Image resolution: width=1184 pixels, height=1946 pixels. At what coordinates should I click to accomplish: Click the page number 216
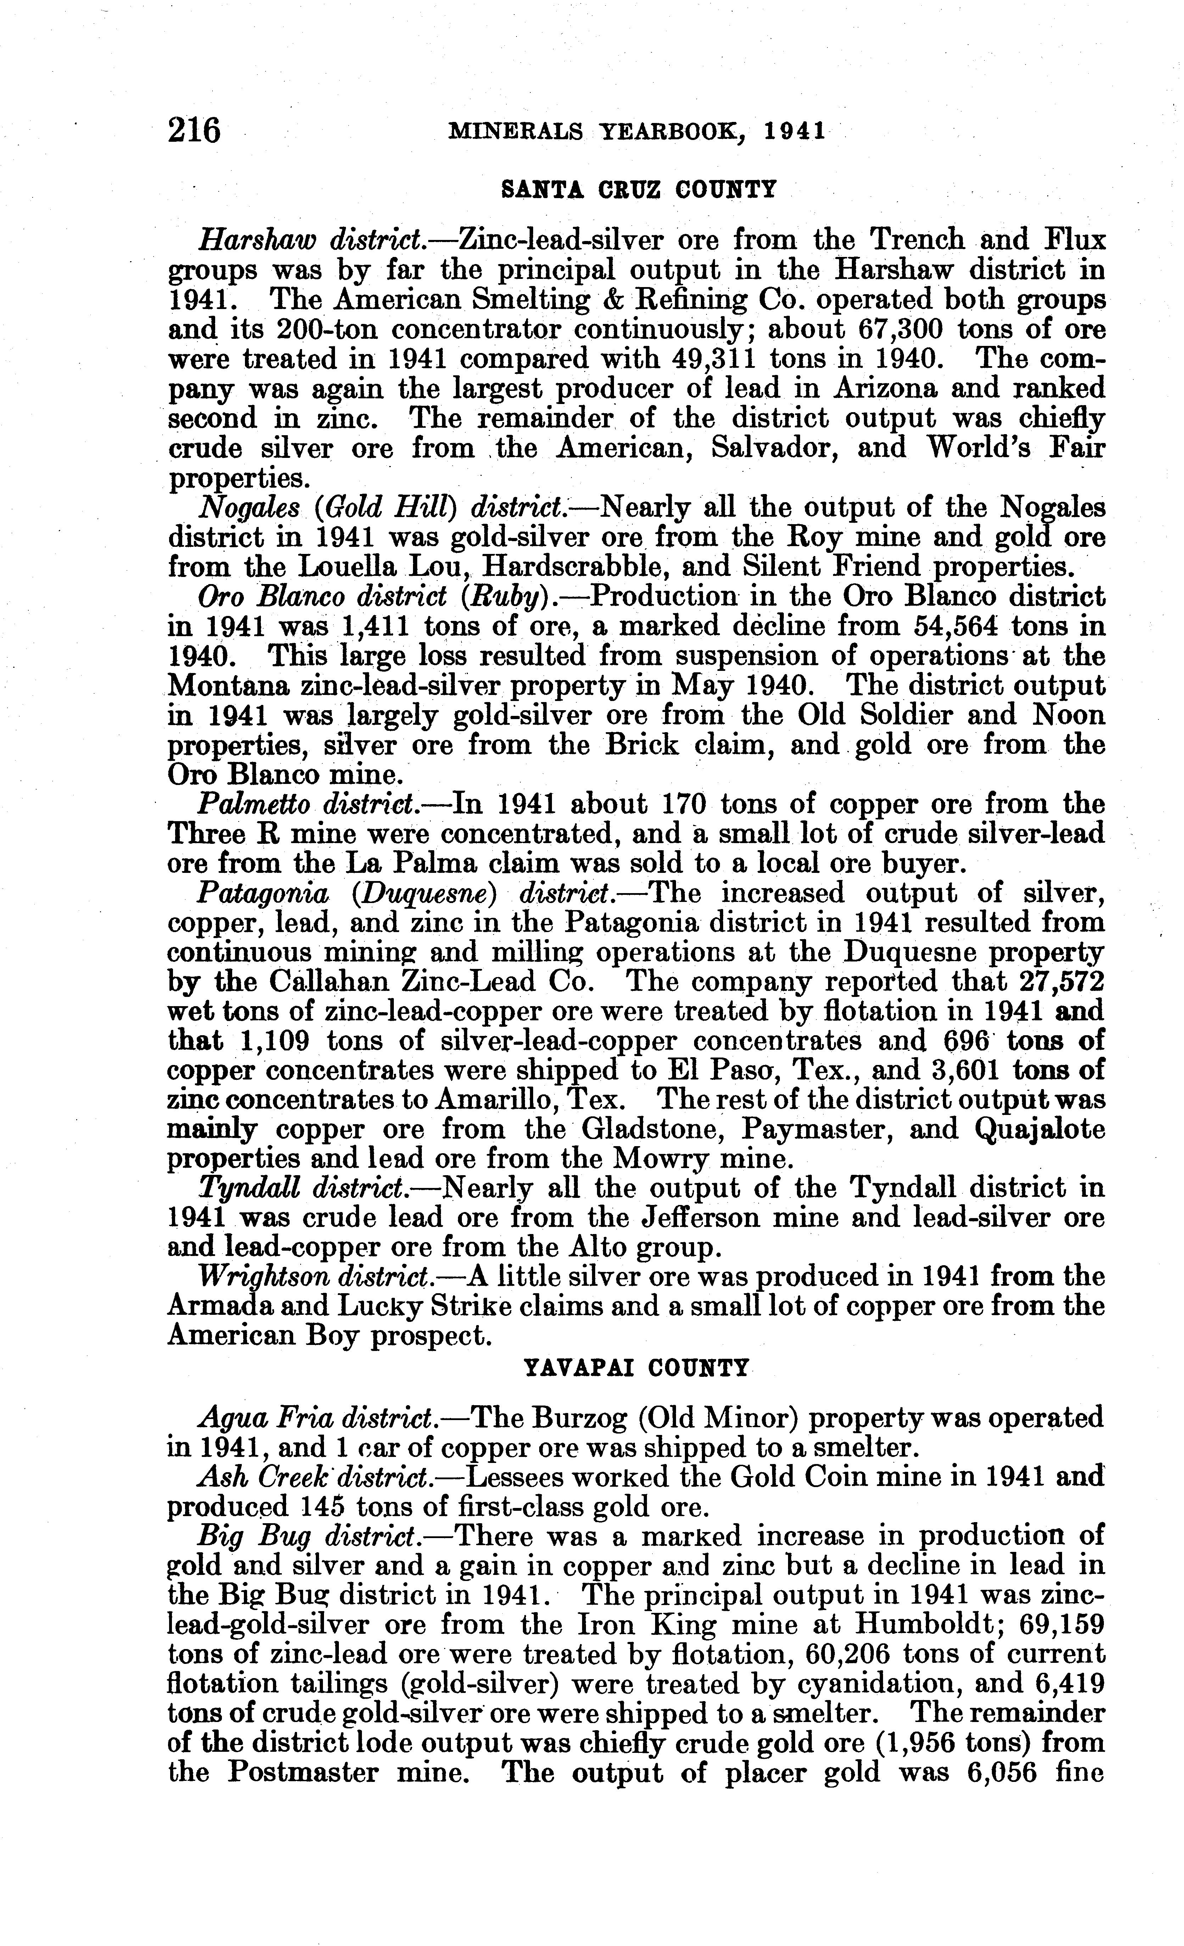pyautogui.click(x=194, y=129)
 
